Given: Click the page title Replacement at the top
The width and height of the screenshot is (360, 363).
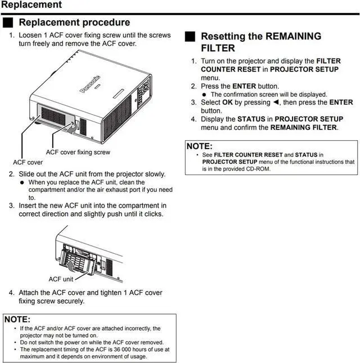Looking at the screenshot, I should point(31,5).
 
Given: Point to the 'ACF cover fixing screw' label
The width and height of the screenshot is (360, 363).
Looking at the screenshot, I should point(78,152).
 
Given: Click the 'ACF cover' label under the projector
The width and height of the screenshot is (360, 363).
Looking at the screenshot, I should point(28,162).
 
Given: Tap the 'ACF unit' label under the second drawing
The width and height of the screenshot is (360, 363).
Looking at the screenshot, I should point(61,279).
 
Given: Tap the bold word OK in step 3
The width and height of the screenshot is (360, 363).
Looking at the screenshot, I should point(227,103).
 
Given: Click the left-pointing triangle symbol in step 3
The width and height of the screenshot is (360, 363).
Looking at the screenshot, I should point(276,103).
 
